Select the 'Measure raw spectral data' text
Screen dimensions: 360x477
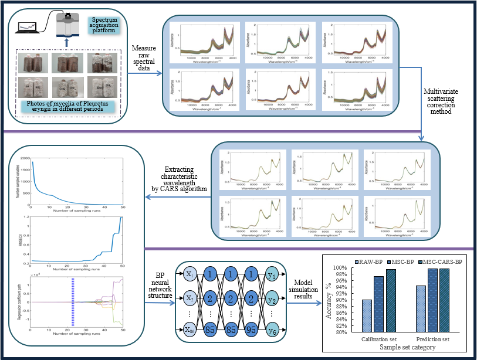point(144,58)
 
